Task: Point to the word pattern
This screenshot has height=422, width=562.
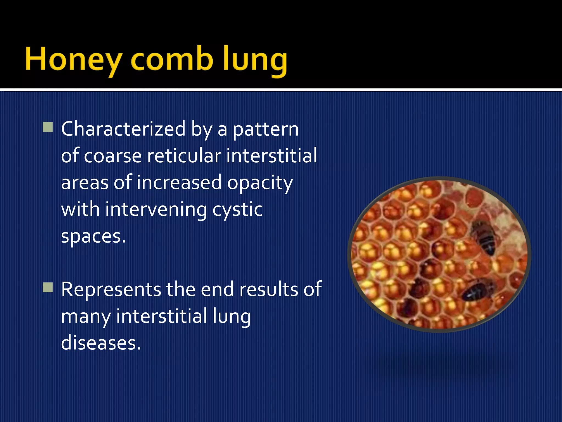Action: [266, 130]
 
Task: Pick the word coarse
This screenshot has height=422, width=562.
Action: [113, 156]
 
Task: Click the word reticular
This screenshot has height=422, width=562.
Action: [184, 156]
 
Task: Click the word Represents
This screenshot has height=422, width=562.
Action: [111, 290]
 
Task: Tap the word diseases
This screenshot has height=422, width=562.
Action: [101, 343]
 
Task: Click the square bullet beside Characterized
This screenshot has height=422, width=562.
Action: [48, 127]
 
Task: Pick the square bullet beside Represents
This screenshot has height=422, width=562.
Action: [48, 288]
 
